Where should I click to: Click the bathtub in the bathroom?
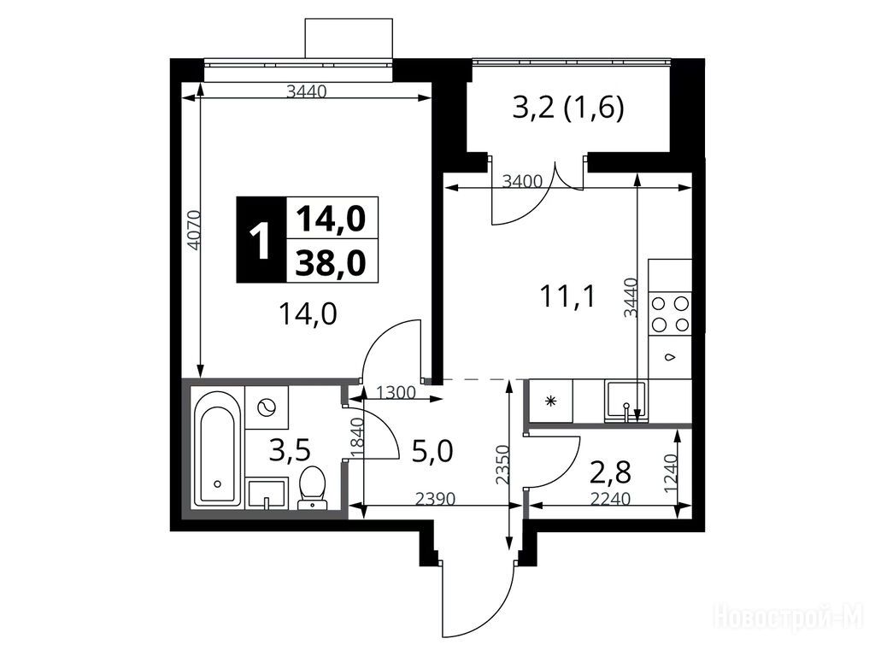point(218,448)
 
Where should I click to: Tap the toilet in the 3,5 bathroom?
point(312,488)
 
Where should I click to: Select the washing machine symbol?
point(267,407)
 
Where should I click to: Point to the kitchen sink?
point(625,401)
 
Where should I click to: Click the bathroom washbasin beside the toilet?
point(267,493)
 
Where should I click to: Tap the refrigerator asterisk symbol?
point(551,401)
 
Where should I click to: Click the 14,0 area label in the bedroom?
point(308,314)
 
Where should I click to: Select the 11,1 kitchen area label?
point(567,296)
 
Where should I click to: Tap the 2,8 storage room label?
point(610,471)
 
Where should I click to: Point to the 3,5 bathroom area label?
point(289,451)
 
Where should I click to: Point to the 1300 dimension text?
point(396,393)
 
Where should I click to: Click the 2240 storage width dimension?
point(610,498)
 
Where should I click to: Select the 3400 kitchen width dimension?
point(522,181)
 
